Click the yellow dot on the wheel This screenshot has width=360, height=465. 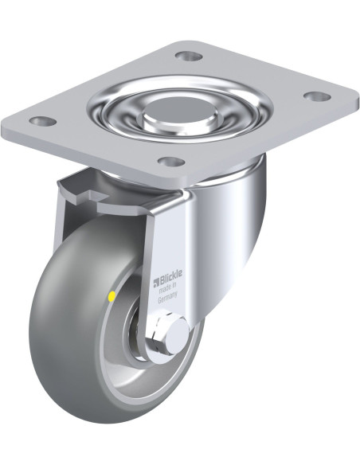click(x=112, y=296)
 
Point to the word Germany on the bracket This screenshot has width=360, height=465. click(x=167, y=298)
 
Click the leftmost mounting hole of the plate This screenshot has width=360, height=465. click(x=43, y=120)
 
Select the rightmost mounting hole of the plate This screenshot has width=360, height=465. click(x=317, y=96)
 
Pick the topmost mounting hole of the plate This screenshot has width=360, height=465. click(x=189, y=55)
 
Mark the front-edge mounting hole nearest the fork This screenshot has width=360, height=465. click(x=170, y=162)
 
